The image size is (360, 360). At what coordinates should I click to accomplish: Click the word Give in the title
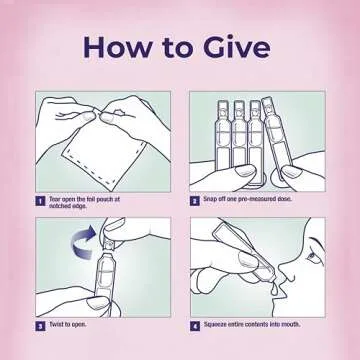coord(237,47)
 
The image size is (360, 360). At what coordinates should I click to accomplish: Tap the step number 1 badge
coord(40,201)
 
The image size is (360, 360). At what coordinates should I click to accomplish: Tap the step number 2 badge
coord(195,201)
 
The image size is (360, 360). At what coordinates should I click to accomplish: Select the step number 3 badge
coord(40,326)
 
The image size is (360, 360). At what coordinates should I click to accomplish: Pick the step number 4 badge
coord(195,326)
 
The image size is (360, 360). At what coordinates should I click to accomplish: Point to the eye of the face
coord(312,256)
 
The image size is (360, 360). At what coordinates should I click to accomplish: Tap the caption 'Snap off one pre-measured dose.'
coord(247,199)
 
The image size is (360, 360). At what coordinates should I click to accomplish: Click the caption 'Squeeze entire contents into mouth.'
coord(252,324)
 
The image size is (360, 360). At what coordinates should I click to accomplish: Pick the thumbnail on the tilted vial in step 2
coord(291,173)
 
